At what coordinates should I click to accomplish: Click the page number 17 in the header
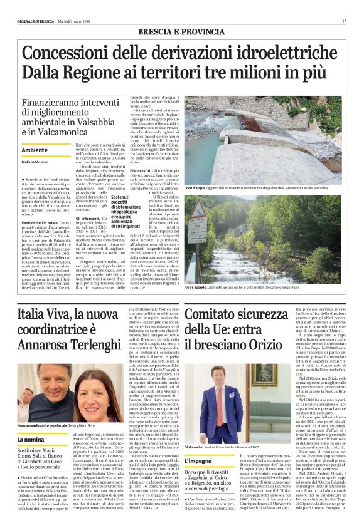pos(344,21)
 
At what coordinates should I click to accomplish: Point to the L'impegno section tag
pos(201,462)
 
